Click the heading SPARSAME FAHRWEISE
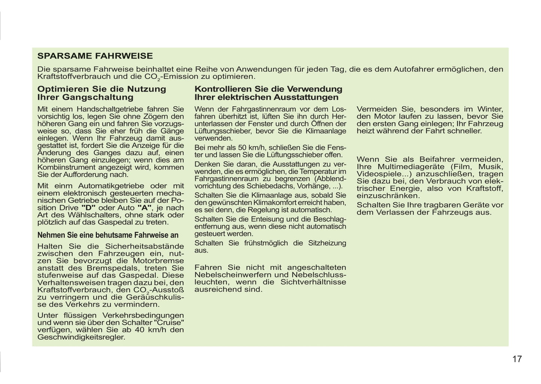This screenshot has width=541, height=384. pos(95,56)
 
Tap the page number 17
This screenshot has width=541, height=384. pos(517,359)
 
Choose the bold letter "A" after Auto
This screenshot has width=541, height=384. pos(144,208)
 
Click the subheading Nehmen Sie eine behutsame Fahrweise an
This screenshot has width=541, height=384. pos(108,235)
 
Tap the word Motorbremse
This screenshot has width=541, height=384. pos(159,261)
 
